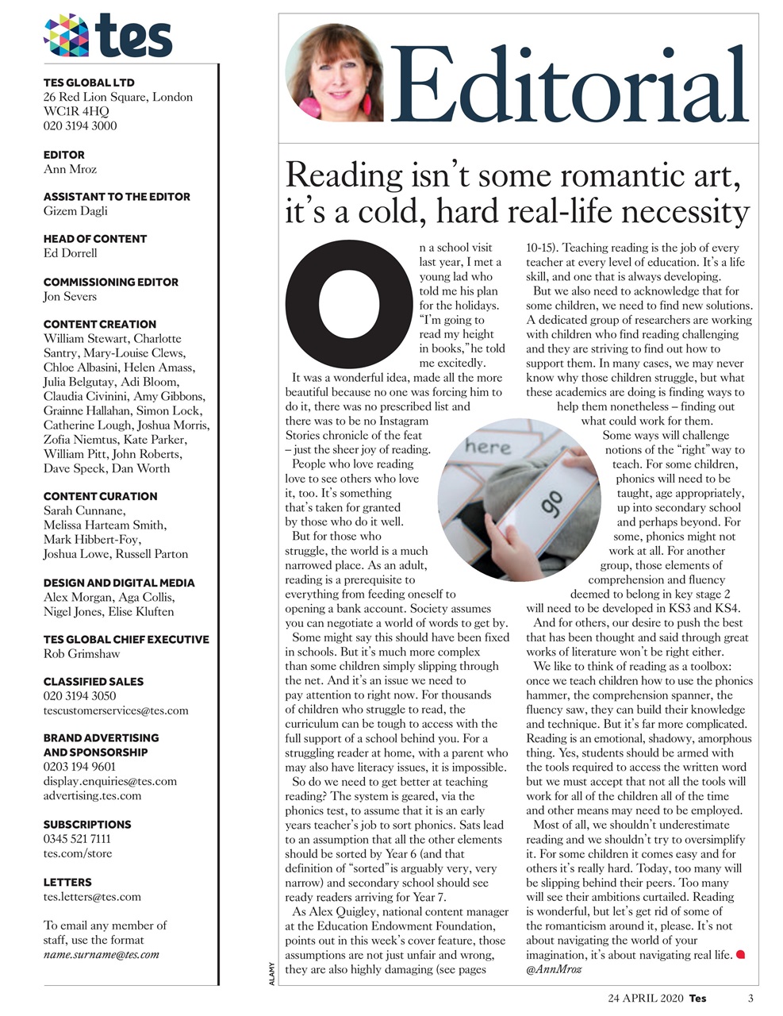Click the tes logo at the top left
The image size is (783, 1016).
[108, 36]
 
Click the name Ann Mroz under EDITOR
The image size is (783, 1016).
[70, 169]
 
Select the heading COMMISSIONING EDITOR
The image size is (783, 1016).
[110, 282]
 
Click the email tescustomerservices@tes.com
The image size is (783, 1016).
[116, 710]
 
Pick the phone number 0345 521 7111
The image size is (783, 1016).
[77, 838]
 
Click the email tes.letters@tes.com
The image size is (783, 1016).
[92, 897]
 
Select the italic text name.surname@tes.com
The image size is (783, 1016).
[101, 955]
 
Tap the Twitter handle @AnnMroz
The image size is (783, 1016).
[554, 969]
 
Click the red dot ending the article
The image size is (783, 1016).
[741, 954]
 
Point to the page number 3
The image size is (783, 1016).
[750, 999]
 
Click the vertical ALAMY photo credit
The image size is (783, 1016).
[271, 973]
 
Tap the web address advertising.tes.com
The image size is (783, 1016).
[92, 795]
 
